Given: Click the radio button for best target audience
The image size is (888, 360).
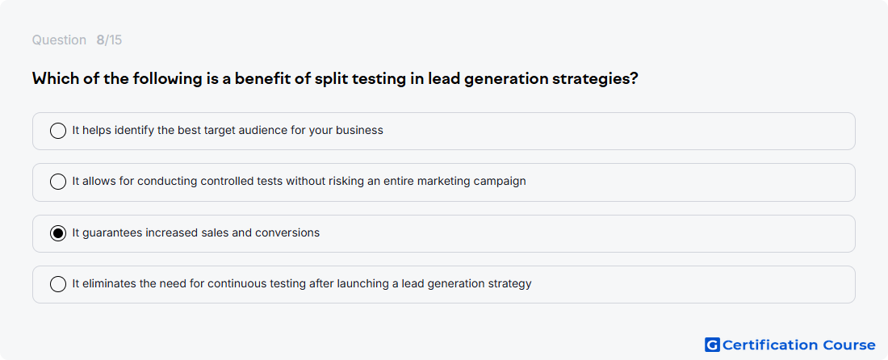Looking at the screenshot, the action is [x=58, y=131].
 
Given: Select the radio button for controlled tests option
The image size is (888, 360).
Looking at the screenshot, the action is [x=58, y=182].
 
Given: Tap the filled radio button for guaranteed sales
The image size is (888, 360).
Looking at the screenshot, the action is [x=58, y=233].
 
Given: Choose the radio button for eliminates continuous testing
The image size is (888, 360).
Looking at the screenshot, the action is [x=58, y=283].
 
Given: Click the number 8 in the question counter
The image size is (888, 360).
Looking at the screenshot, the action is [x=100, y=40].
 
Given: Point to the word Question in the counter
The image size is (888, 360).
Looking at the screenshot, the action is [x=59, y=40].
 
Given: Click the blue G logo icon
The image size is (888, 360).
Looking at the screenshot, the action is [x=712, y=345].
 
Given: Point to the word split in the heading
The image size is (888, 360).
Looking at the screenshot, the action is [x=330, y=78].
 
